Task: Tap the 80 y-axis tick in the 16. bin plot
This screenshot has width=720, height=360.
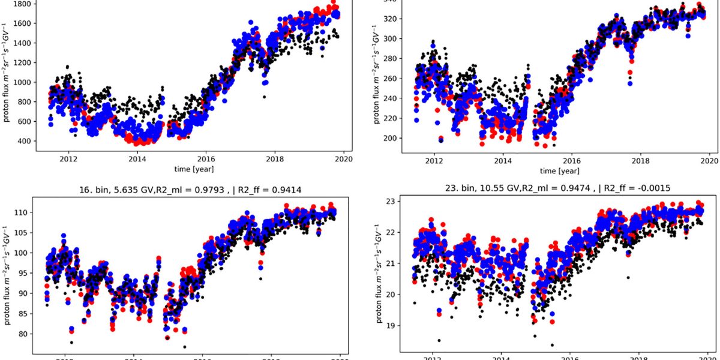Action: coord(26,334)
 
